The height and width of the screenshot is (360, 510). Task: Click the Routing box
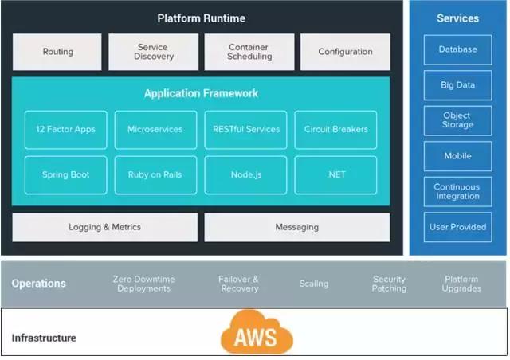(57, 52)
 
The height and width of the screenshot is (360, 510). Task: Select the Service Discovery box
(152, 52)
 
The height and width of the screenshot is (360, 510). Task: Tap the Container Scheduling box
(249, 52)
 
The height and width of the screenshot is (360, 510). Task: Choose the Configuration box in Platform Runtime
(345, 52)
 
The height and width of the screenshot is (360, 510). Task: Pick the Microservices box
(155, 129)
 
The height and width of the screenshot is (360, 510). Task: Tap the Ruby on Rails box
(155, 174)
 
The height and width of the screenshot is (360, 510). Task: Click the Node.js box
(245, 174)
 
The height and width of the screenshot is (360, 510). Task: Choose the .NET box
(335, 174)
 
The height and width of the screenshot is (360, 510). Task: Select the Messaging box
(296, 227)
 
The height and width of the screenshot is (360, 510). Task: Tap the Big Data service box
(457, 84)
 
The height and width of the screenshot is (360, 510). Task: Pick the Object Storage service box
(457, 120)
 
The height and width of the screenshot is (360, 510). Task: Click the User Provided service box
(457, 227)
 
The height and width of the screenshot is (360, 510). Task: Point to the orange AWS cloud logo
(257, 332)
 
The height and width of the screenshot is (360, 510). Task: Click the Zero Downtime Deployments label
(143, 284)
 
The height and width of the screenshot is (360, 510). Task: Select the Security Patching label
(389, 284)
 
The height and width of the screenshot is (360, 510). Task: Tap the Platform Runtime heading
(201, 18)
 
